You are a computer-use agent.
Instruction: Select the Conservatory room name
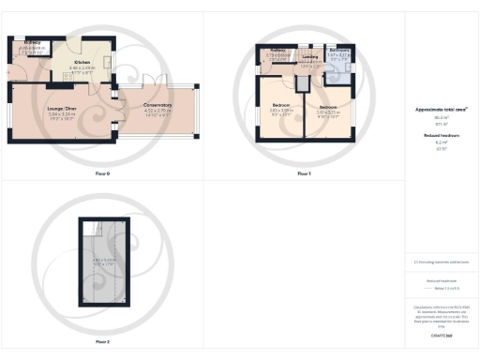[157, 105]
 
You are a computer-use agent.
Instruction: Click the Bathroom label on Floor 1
[339, 51]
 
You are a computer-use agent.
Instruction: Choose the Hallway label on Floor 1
[278, 51]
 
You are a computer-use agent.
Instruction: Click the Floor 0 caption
[102, 174]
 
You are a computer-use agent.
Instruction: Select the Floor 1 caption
[304, 174]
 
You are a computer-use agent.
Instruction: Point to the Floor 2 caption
[102, 342]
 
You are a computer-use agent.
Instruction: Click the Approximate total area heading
[441, 110]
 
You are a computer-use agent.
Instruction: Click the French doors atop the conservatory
[155, 79]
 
